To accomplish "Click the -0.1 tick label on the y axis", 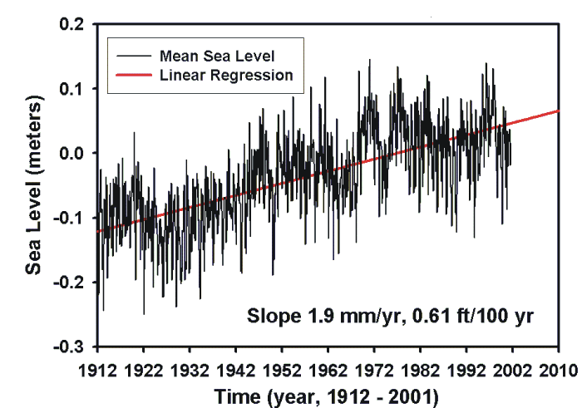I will pos(72,217).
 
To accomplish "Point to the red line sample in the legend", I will pos(131,75).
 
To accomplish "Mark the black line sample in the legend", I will pos(131,57).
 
